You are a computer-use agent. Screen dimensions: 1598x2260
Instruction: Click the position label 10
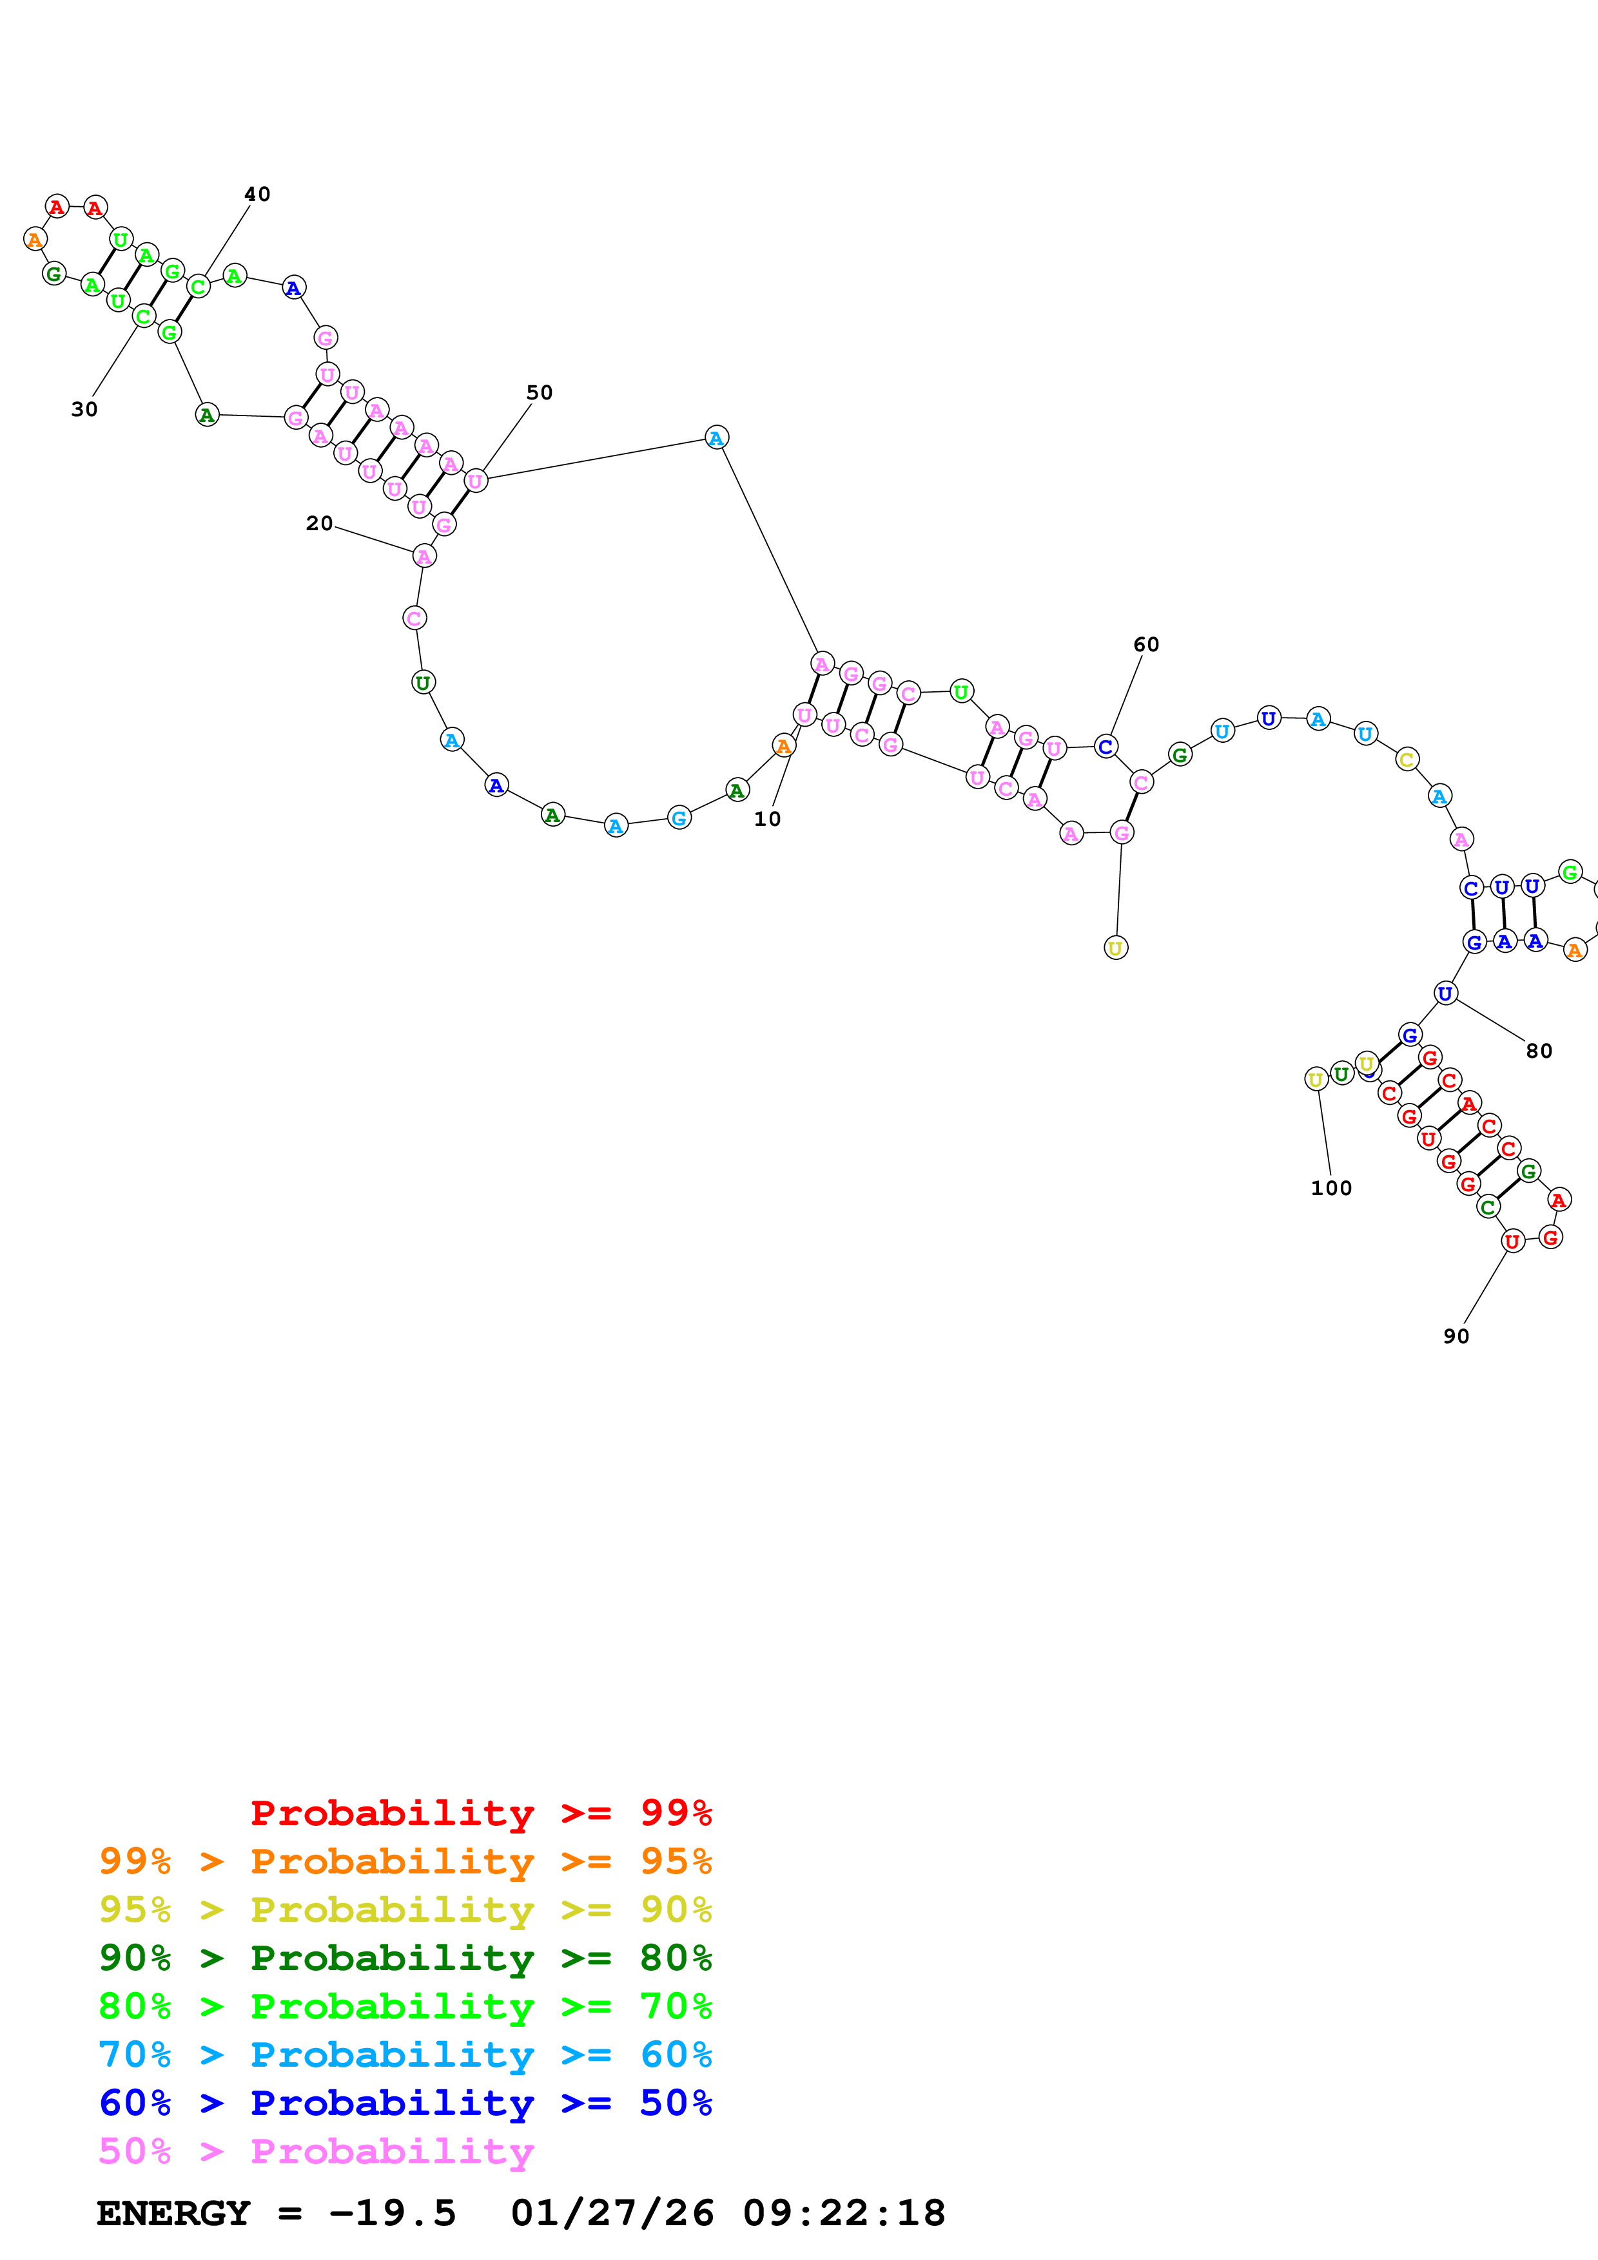coord(767,819)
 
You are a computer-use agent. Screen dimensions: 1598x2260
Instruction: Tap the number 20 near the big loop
coord(319,524)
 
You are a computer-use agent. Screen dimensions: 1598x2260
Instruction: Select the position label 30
coord(84,410)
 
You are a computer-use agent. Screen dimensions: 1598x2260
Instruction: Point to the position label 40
coord(257,194)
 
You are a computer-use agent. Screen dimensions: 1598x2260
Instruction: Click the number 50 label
coord(540,393)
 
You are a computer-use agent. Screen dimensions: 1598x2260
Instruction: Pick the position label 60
coord(1146,645)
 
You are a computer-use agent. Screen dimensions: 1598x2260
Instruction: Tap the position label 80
coord(1539,1051)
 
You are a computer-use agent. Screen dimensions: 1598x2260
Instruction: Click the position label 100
coord(1331,1188)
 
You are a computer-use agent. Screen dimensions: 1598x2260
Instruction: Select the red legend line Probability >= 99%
coord(480,1813)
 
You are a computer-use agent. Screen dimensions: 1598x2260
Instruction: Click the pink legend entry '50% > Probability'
coord(316,2150)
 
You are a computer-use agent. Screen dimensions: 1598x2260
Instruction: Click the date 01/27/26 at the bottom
coord(612,2213)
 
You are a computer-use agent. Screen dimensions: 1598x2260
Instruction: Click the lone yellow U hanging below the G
coord(1116,948)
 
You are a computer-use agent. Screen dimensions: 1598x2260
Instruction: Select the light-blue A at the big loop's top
coord(717,438)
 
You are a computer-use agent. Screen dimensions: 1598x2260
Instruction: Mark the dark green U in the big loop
coord(422,682)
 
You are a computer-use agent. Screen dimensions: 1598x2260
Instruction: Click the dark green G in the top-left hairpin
coord(54,274)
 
